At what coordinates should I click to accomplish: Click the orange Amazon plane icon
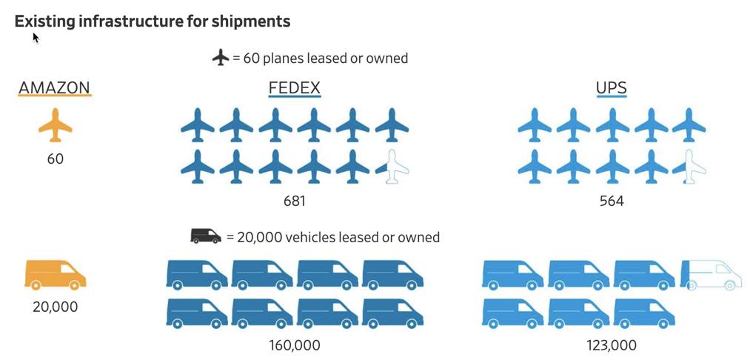click(x=56, y=124)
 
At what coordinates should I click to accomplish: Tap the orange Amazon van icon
click(x=56, y=274)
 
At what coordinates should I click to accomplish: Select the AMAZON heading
click(x=55, y=88)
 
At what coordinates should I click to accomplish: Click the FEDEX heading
click(x=294, y=88)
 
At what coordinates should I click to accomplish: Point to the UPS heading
click(x=611, y=88)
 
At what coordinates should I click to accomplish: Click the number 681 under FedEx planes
click(x=294, y=201)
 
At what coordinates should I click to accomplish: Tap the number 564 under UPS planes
click(x=612, y=201)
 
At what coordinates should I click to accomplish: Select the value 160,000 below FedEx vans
click(x=295, y=345)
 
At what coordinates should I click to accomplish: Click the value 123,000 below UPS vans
click(x=612, y=345)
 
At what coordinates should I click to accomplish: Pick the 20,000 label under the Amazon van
click(x=55, y=307)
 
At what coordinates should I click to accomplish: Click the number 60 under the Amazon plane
click(x=56, y=159)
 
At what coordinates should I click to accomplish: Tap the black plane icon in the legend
click(x=221, y=57)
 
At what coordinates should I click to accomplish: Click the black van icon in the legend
click(x=206, y=236)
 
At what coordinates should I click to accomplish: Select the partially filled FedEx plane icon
click(x=392, y=166)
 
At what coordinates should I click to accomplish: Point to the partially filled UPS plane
click(x=689, y=166)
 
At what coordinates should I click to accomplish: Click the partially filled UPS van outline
click(x=710, y=274)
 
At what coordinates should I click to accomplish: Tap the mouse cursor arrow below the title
click(x=36, y=37)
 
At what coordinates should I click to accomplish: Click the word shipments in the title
click(x=252, y=21)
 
